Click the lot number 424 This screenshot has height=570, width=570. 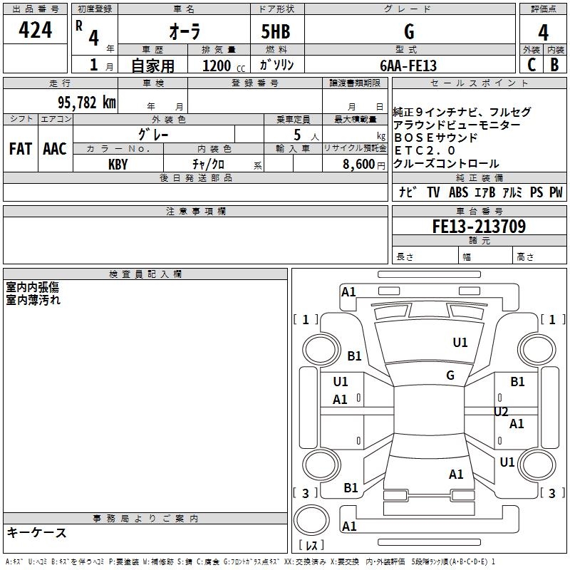pyautogui.click(x=36, y=30)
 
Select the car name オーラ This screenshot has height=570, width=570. pyautogui.click(x=184, y=33)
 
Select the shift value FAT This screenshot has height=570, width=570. pyautogui.click(x=20, y=149)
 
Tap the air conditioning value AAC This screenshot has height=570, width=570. pyautogui.click(x=54, y=149)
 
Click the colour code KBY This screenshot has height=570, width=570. pyautogui.click(x=118, y=164)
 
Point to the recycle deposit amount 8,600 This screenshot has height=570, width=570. pyautogui.click(x=359, y=164)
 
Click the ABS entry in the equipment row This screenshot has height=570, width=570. pyautogui.click(x=458, y=192)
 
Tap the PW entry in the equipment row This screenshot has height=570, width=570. pyautogui.click(x=556, y=192)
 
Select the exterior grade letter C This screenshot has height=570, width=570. pyautogui.click(x=531, y=65)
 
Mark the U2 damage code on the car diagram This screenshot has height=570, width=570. pyautogui.click(x=501, y=411)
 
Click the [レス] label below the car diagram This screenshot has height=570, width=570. pyautogui.click(x=311, y=545)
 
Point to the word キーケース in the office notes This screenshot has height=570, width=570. pyautogui.click(x=37, y=532)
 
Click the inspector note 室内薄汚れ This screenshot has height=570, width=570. pyautogui.click(x=33, y=300)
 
